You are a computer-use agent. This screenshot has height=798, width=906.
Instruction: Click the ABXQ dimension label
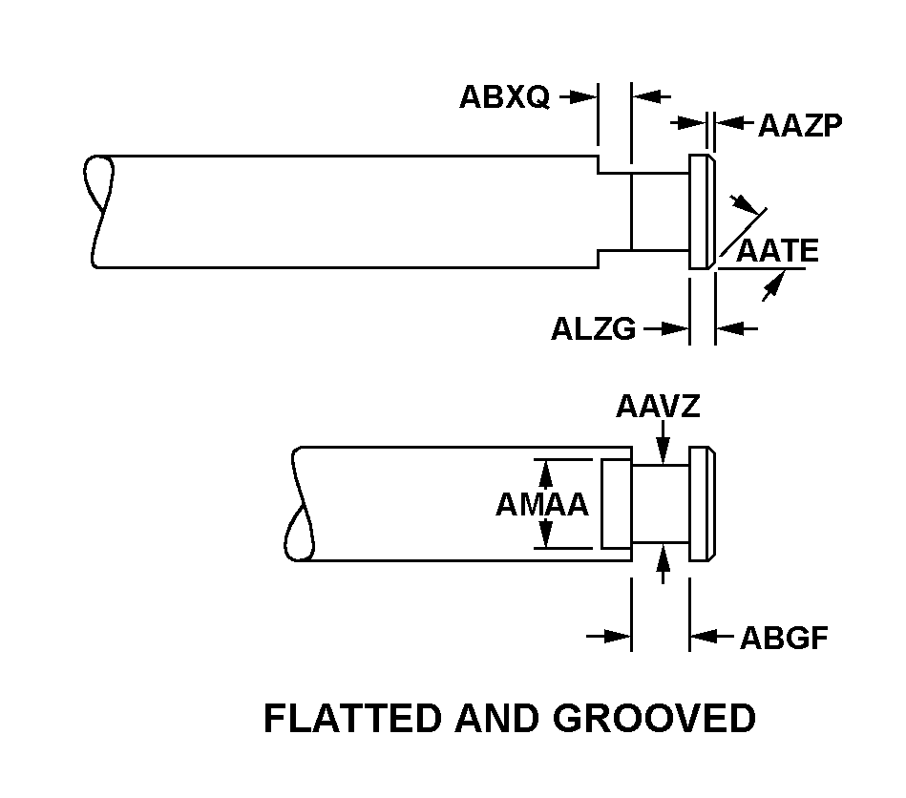click(504, 97)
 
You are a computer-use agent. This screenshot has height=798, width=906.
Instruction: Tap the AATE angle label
click(777, 250)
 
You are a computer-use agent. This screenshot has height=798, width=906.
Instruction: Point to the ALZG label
click(593, 330)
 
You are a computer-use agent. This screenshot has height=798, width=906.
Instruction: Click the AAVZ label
click(658, 408)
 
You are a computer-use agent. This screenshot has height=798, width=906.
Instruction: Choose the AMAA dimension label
click(541, 505)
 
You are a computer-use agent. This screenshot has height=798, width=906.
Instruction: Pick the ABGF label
click(784, 638)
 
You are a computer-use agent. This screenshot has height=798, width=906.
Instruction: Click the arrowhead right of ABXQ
click(576, 97)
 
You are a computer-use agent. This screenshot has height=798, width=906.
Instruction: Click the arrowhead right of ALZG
click(678, 329)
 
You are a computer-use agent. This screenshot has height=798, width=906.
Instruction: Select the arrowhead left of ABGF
click(701, 636)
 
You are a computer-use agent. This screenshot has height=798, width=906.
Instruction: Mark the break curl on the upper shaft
click(98, 211)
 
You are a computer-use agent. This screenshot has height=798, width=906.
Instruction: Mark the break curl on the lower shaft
click(302, 504)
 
